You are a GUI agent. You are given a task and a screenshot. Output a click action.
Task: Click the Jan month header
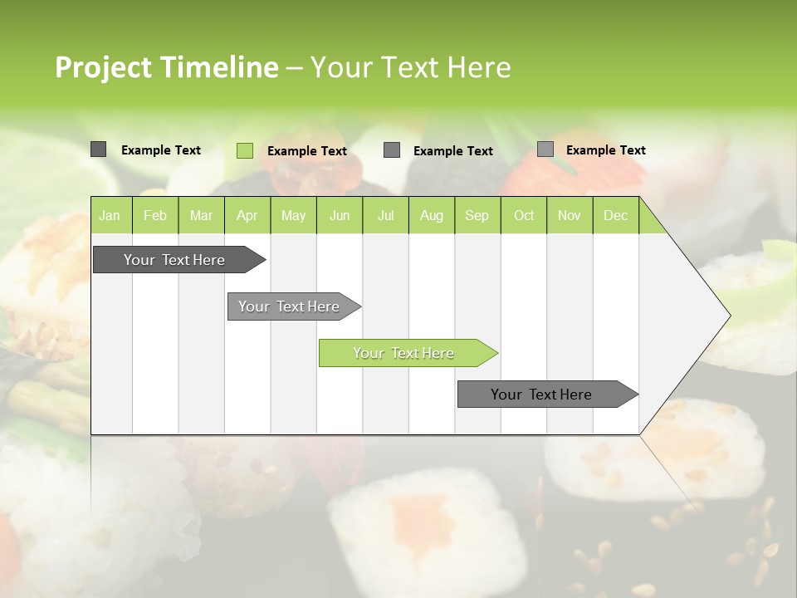coord(110,216)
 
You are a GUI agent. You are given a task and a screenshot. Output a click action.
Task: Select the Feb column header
coord(155,216)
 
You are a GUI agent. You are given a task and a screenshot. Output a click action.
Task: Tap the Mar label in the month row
coord(201,216)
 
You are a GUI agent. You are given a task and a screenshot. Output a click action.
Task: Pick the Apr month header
coord(247,216)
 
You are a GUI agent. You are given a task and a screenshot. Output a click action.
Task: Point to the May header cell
coord(293,216)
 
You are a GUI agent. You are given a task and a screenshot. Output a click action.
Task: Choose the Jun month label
coord(340,216)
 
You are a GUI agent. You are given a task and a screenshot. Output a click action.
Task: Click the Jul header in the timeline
coord(386,216)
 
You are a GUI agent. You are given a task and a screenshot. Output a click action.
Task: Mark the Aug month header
coord(432,216)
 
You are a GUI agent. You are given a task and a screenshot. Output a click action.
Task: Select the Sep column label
coord(477,216)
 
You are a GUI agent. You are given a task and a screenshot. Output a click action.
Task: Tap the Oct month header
coord(524,216)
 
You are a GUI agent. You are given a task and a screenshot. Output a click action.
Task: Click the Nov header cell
coord(570,216)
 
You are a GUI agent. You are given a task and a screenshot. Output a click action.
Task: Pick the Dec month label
coord(616,216)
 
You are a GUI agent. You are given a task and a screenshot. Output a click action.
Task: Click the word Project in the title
coord(103,67)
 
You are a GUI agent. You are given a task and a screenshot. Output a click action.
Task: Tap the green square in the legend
coord(245,150)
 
